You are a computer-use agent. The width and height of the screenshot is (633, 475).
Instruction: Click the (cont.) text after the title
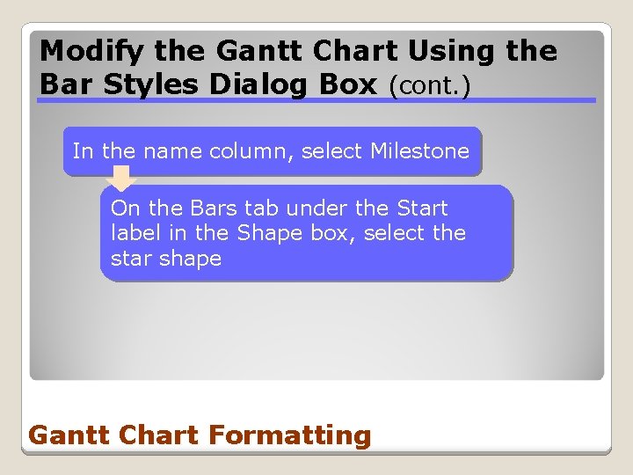(x=434, y=86)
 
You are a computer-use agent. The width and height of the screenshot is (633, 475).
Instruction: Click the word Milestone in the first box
(x=419, y=151)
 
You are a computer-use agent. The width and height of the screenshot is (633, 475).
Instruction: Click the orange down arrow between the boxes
(x=121, y=179)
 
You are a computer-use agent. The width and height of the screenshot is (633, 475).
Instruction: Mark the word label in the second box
(x=134, y=234)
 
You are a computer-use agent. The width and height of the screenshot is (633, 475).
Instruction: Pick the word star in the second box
(x=131, y=259)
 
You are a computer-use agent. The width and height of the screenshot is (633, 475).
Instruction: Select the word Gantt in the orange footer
(x=64, y=435)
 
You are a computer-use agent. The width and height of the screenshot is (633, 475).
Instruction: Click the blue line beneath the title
(x=316, y=100)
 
